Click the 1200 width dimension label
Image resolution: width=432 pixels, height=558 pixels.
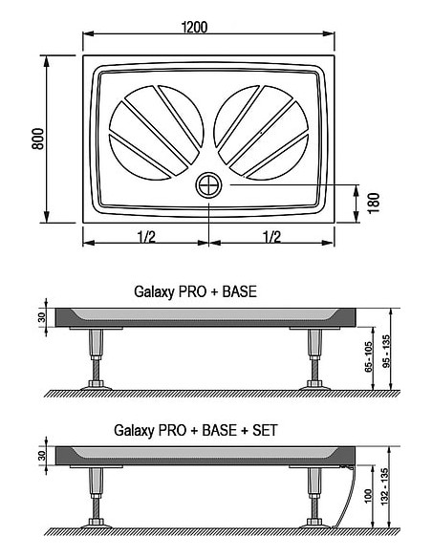[194, 27]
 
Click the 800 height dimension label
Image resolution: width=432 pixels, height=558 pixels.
[38, 139]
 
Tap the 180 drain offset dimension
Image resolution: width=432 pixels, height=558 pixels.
[374, 204]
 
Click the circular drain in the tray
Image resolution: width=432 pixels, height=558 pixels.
[208, 185]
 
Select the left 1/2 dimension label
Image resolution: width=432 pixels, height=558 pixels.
[146, 236]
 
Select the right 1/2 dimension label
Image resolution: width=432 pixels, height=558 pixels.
[271, 236]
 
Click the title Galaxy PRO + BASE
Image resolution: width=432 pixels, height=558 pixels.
[195, 291]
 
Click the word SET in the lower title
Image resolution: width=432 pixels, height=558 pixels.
[265, 430]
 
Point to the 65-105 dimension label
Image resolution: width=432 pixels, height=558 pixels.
[368, 357]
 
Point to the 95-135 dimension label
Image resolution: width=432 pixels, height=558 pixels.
[386, 351]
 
